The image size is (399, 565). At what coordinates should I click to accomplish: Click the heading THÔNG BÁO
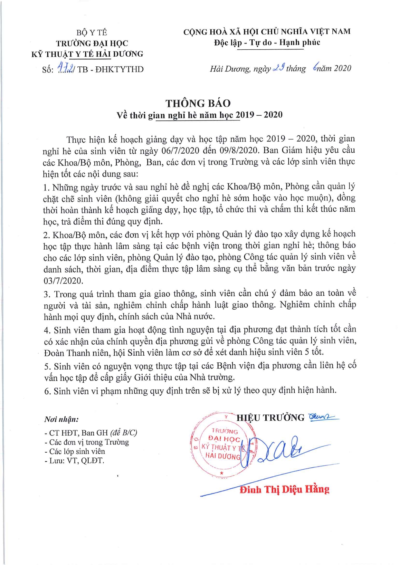tap(198, 103)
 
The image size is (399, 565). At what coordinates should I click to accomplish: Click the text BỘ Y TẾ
tap(92, 33)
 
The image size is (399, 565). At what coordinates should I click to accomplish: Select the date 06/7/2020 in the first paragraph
tap(180, 151)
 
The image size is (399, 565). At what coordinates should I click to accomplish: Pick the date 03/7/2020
tap(63, 281)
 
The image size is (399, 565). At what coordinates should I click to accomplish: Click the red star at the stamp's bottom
tap(222, 473)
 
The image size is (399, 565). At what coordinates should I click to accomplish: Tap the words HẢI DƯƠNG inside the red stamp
tap(223, 456)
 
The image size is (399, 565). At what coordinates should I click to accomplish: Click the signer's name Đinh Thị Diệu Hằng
tap(284, 490)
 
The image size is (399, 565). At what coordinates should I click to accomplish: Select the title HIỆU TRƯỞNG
tap(271, 418)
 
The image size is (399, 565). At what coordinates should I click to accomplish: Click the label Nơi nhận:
tap(62, 419)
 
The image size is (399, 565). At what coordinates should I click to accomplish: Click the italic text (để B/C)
tap(123, 433)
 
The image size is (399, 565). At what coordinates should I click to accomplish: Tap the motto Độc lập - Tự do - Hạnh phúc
tap(267, 43)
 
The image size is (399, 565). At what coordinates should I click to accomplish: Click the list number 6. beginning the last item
tap(48, 391)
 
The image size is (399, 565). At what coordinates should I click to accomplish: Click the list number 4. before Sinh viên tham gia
tap(48, 330)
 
